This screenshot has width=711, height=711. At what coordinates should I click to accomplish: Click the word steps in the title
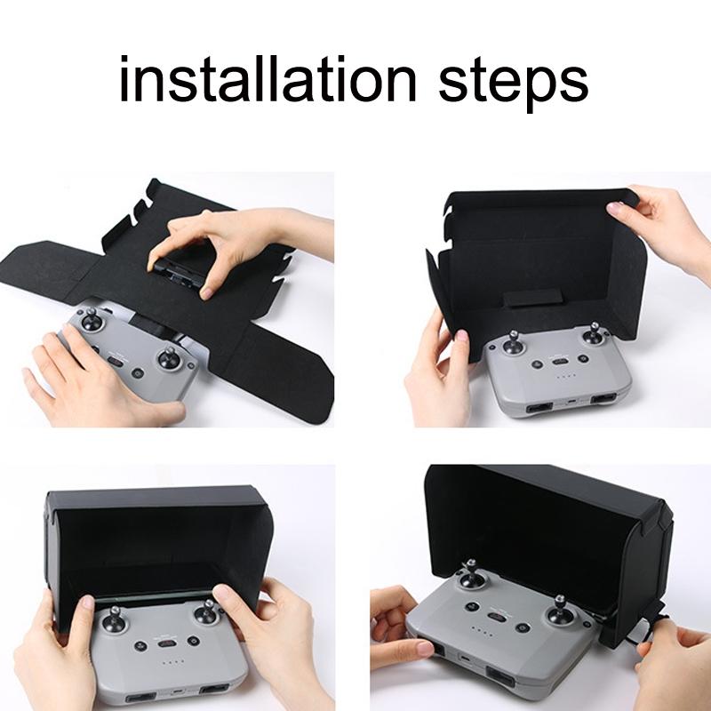pos(513,82)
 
